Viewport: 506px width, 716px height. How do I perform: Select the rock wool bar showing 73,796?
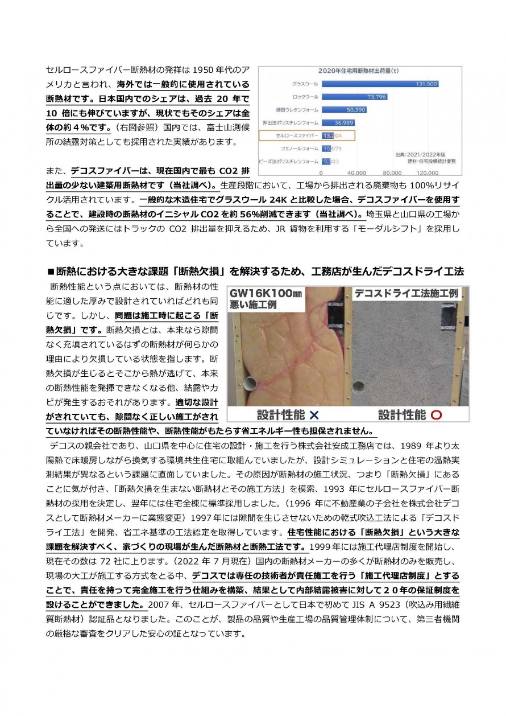pyautogui.click(x=355, y=96)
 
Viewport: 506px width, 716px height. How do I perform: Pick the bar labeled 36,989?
pyautogui.click(x=338, y=122)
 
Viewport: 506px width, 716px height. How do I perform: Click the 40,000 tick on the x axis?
pyautogui.click(x=356, y=172)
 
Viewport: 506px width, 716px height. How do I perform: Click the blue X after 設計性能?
pyautogui.click(x=314, y=414)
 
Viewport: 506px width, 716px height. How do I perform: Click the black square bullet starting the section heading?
pyautogui.click(x=51, y=270)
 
